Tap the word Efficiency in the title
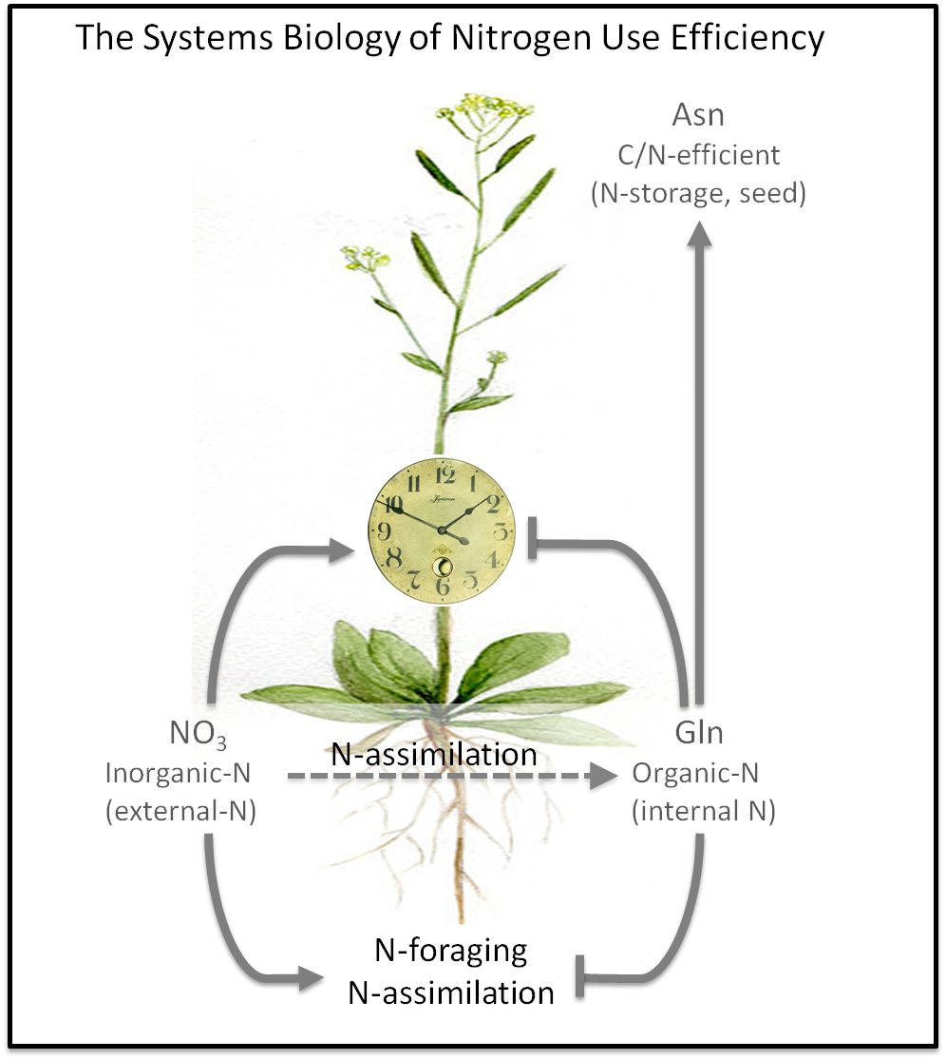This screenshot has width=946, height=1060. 748,38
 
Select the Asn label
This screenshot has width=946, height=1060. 698,116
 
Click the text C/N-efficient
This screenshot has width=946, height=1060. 698,155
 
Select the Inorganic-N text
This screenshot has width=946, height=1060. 179,773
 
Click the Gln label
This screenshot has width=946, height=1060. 699,735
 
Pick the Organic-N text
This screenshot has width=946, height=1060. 695,773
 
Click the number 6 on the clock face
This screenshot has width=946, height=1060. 443,587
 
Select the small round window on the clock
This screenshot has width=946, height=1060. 443,567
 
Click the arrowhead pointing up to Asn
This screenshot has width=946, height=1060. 700,234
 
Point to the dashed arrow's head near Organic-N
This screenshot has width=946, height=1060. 602,777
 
